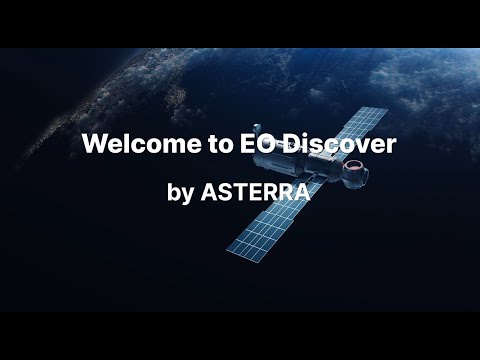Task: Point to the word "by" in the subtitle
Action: (x=182, y=194)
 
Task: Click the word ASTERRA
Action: (x=256, y=193)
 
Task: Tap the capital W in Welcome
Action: (x=94, y=144)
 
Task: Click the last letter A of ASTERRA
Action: (x=303, y=193)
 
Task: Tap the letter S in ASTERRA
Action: (x=225, y=193)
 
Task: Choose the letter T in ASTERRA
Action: (x=240, y=193)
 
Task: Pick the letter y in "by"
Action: (x=189, y=196)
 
